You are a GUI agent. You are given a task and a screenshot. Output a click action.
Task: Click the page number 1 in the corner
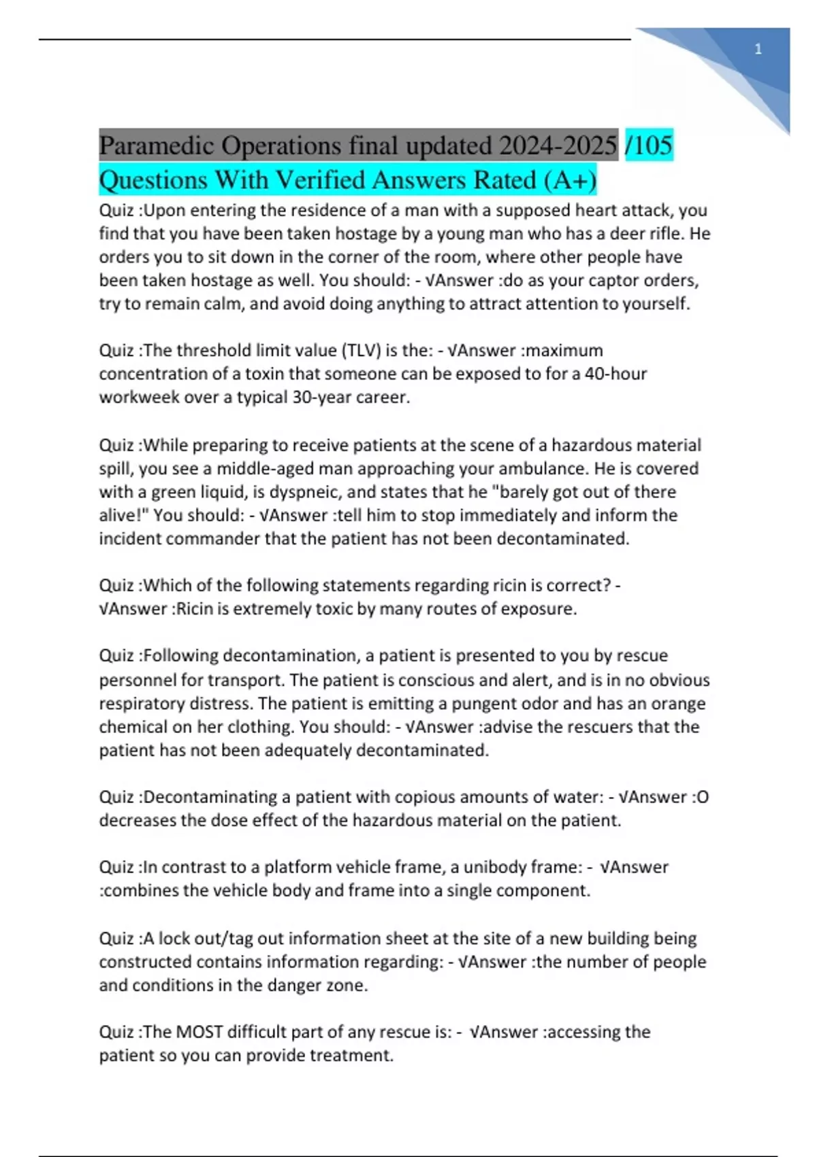pos(758,49)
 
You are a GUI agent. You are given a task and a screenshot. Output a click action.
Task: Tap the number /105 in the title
pos(649,146)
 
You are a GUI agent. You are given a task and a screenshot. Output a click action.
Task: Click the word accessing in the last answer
pos(586,1032)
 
